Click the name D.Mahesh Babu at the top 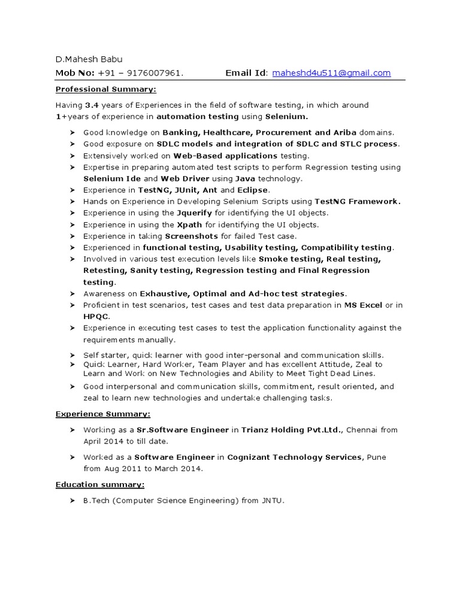coord(89,59)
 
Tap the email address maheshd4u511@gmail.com coord(331,73)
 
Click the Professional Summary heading coord(105,89)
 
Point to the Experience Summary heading coord(102,414)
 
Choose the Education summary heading coord(99,484)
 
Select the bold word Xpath coord(189,225)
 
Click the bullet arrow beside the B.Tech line coord(71,500)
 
